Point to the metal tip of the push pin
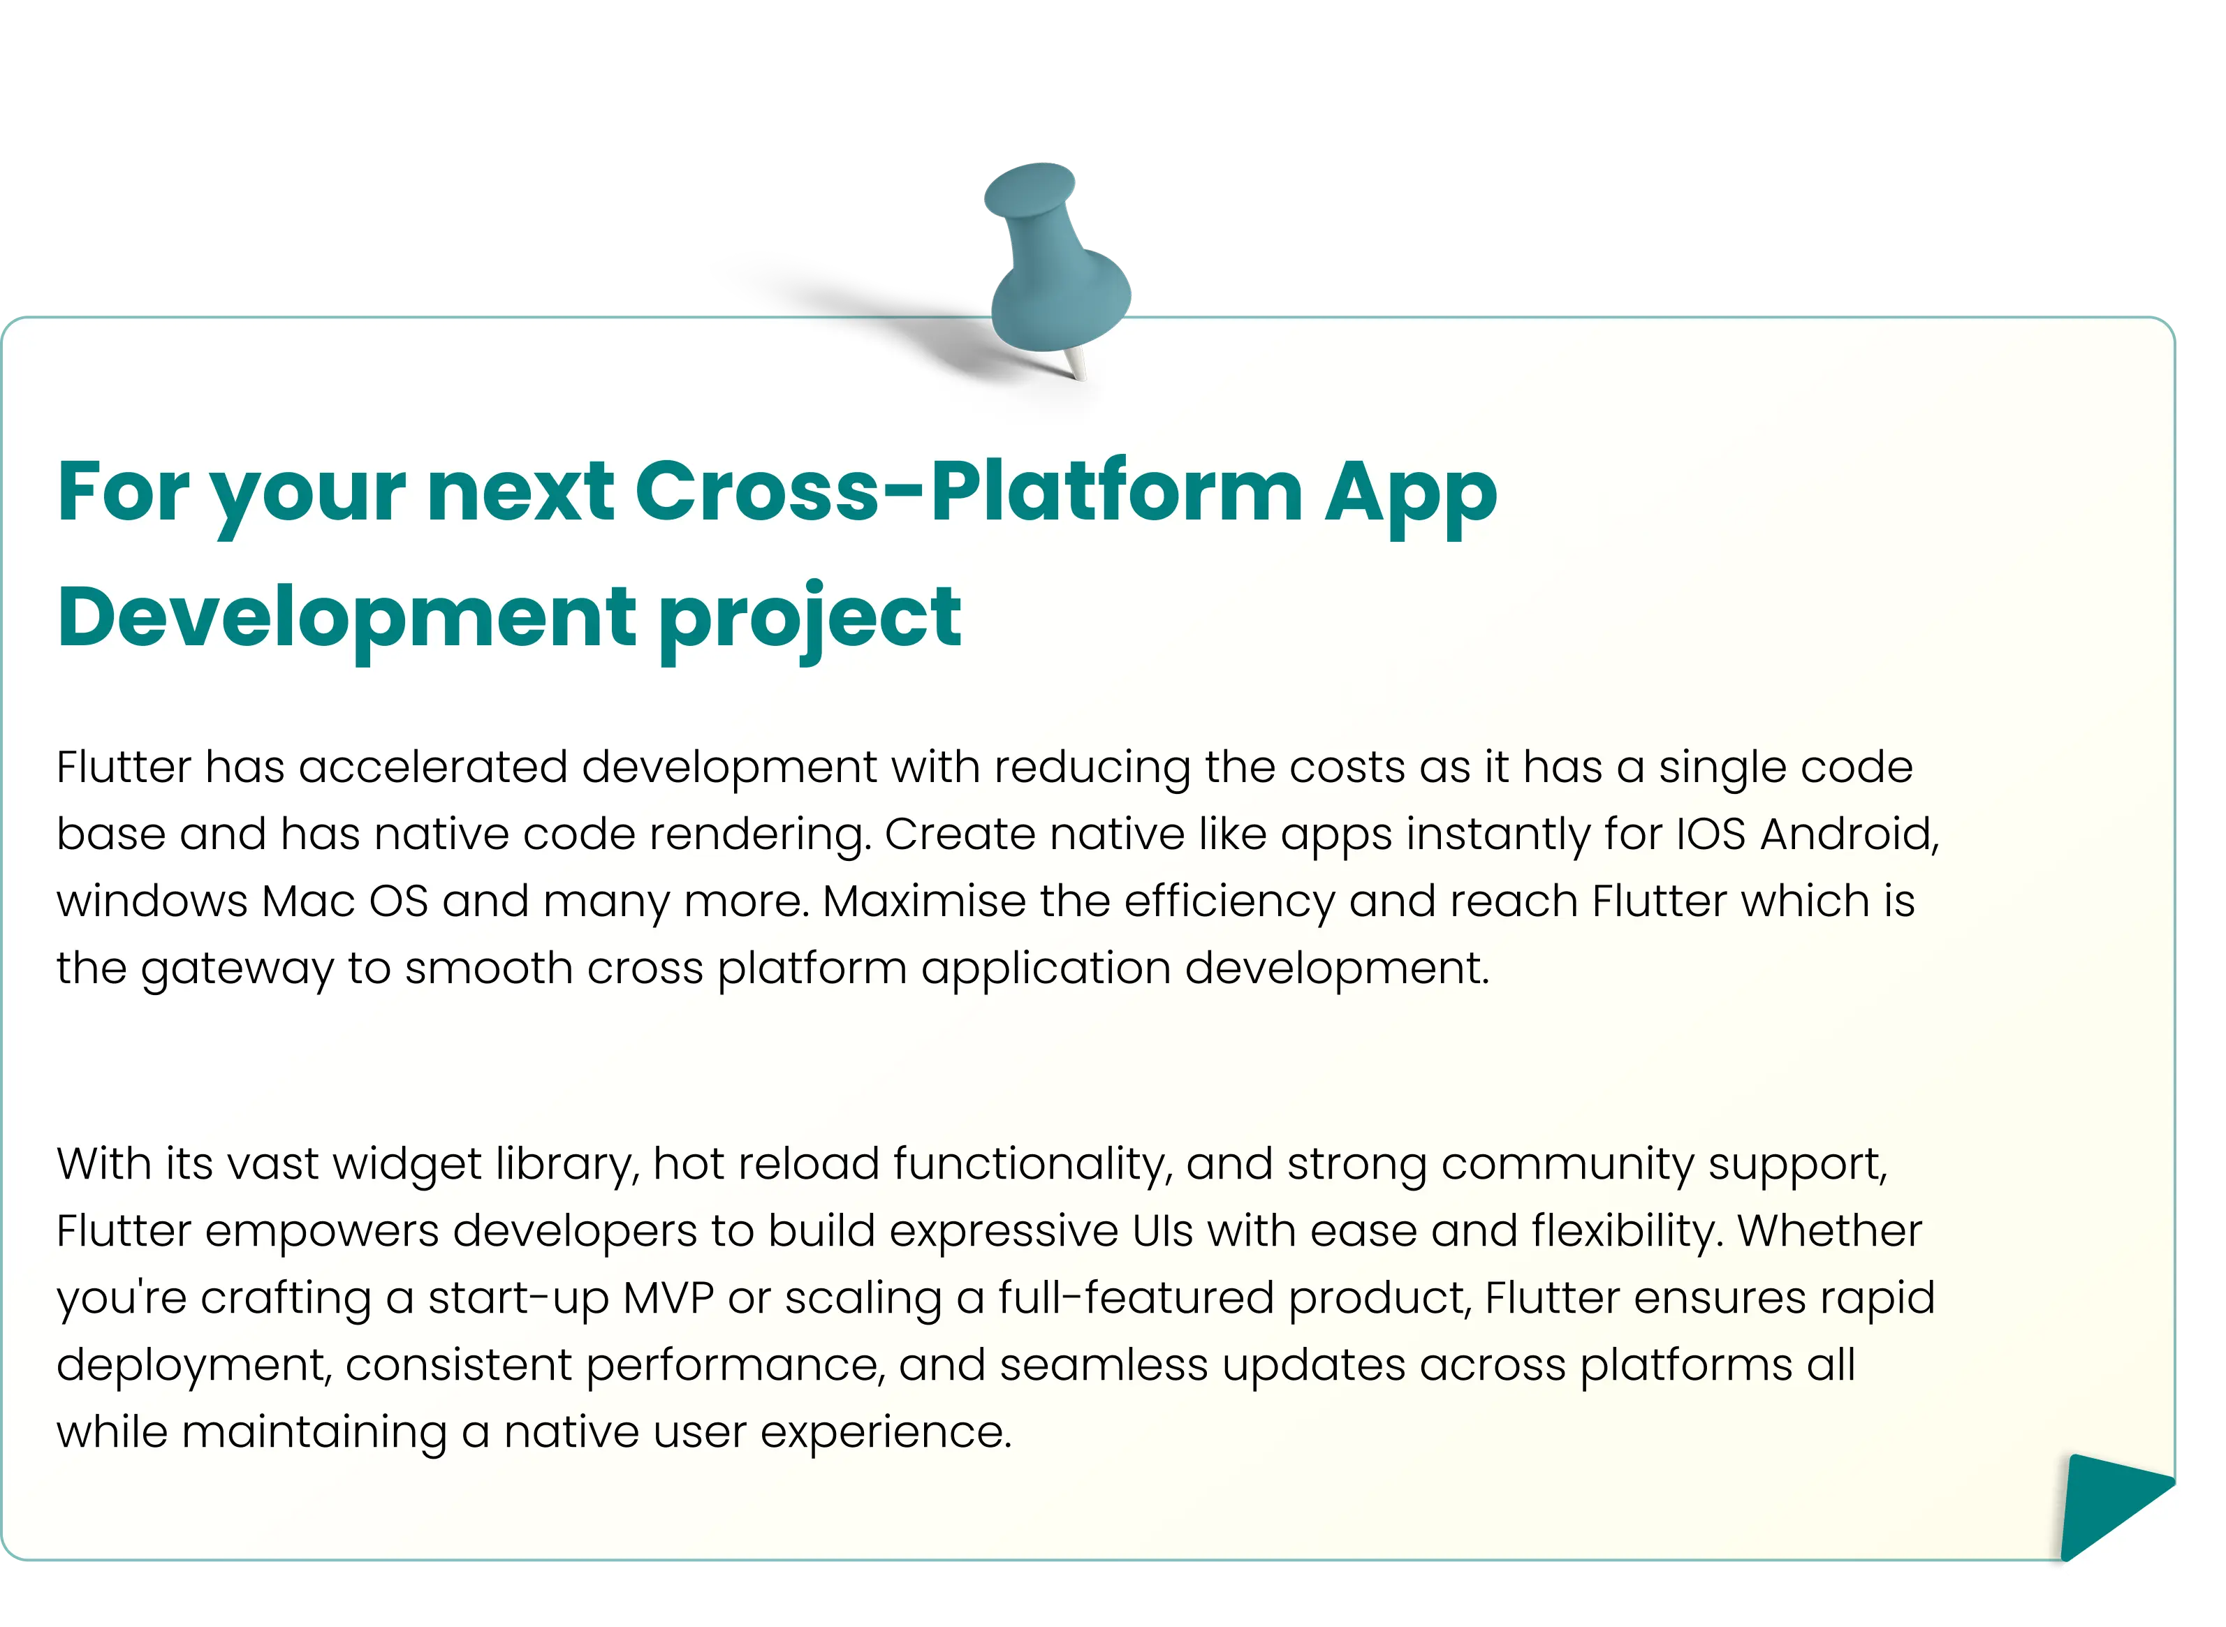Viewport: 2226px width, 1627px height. pyautogui.click(x=1076, y=367)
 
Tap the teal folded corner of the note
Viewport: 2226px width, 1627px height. pyautogui.click(x=2114, y=1504)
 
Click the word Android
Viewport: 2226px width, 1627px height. pyautogui.click(x=1850, y=834)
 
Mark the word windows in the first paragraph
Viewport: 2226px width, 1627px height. pyautogui.click(x=152, y=901)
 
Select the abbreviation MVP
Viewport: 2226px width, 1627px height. pyautogui.click(x=669, y=1298)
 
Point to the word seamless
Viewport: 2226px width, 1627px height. pyautogui.click(x=1104, y=1365)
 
